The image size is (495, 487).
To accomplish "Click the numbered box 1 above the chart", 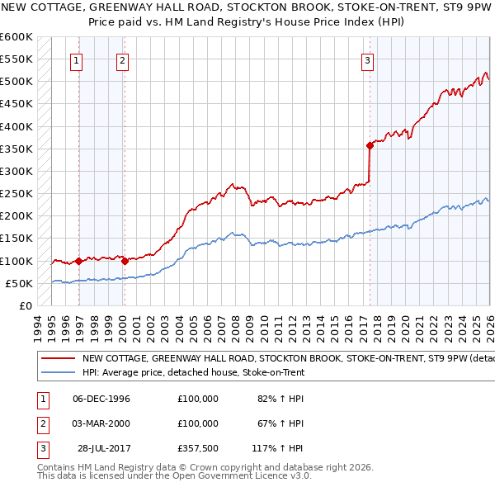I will click(77, 59).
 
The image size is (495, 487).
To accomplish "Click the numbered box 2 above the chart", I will click(122, 59).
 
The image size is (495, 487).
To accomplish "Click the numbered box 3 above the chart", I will click(367, 59).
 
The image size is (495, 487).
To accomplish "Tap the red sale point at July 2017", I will click(370, 145).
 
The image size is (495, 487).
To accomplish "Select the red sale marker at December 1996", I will click(78, 261).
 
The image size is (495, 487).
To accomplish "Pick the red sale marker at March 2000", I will click(124, 261).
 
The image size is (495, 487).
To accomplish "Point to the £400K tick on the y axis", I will click(16, 126).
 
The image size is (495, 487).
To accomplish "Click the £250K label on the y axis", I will click(16, 194).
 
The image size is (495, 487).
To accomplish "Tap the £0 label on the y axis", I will click(25, 305).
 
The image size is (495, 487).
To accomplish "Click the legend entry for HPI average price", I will click(193, 372).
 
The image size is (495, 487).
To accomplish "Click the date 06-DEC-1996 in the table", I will click(101, 399).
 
